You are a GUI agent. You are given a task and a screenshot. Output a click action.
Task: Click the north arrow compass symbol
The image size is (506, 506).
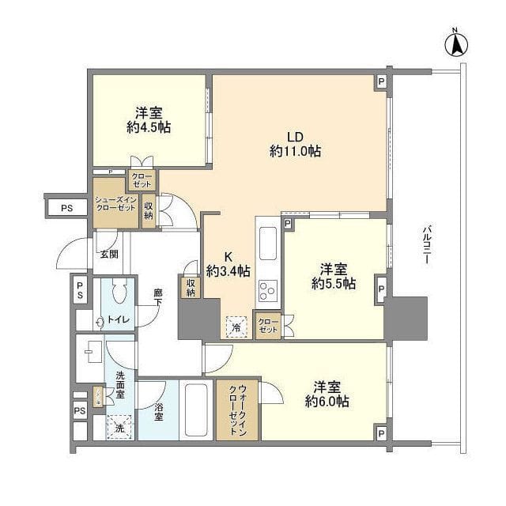coord(456,43)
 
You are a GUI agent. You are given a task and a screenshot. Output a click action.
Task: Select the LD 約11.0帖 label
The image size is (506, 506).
coord(295,142)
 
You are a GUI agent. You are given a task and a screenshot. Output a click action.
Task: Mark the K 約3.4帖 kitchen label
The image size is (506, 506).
coord(228,263)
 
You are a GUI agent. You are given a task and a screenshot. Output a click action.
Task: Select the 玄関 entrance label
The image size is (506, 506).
coord(109,255)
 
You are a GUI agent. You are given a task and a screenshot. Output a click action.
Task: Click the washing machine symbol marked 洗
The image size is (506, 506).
coord(119,426)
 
